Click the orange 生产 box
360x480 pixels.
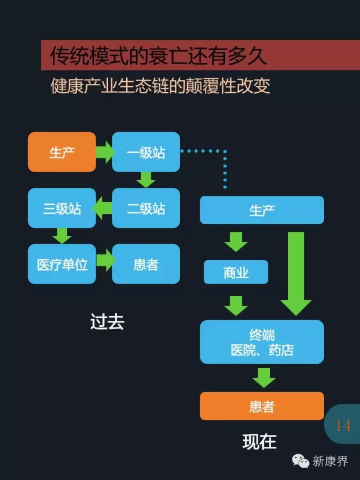[x=62, y=152]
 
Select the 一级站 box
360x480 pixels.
[x=146, y=152]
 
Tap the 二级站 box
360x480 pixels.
[x=146, y=208]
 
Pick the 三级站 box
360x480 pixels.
[x=62, y=208]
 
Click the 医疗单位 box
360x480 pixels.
[x=62, y=264]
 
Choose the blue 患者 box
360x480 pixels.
[x=146, y=264]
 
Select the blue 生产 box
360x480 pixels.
[x=262, y=210]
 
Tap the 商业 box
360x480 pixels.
[x=236, y=272]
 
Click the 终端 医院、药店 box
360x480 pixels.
[x=262, y=342]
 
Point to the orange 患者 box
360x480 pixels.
[x=262, y=406]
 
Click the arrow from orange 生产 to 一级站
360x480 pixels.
[x=104, y=152]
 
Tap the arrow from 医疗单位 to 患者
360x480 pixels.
[x=105, y=261]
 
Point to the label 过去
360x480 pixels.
[x=107, y=321]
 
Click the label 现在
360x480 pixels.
[x=259, y=441]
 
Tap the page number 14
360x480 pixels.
[x=343, y=425]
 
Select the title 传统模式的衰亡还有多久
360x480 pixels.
[x=158, y=56]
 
